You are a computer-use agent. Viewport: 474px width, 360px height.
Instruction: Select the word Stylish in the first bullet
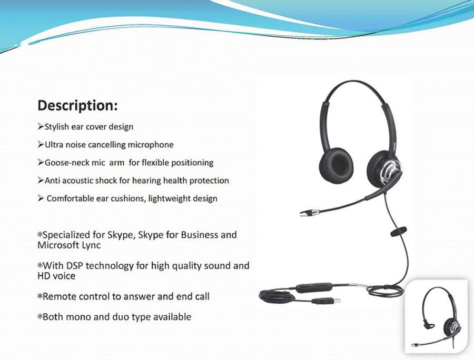pos(57,127)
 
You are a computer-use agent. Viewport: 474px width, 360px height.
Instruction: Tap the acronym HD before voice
pos(44,276)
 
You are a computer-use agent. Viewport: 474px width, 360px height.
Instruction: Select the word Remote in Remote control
pos(58,296)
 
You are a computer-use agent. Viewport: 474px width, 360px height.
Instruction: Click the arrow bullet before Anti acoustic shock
pos(41,181)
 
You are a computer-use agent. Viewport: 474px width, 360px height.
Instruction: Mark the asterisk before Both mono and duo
pos(40,317)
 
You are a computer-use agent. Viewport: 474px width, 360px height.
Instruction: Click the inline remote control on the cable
pos(314,287)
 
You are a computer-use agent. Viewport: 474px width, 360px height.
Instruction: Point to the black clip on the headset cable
pos(399,231)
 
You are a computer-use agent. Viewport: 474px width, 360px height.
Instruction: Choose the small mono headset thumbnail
pos(436,316)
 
